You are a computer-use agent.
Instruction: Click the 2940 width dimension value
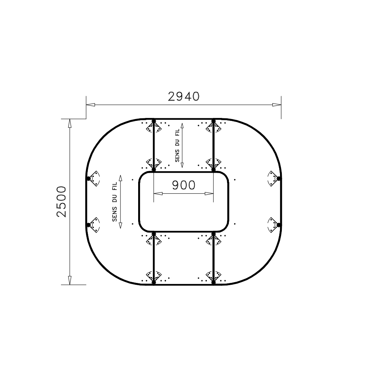[184, 97]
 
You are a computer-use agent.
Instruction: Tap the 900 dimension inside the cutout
[184, 185]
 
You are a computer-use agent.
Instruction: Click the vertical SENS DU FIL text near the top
[177, 146]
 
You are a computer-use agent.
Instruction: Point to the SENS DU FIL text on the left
[115, 202]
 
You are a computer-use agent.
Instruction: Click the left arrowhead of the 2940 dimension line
[90, 105]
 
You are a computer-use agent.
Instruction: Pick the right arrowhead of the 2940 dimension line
[277, 105]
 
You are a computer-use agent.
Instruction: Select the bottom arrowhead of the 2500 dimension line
[69, 280]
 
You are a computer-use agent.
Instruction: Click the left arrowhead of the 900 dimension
[158, 194]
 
